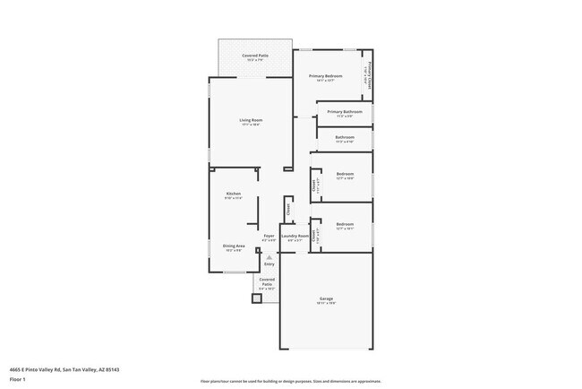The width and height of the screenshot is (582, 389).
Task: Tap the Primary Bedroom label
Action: (326, 76)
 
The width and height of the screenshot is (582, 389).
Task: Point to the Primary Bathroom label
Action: (345, 112)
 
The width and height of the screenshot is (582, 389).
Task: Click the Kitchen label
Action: (233, 194)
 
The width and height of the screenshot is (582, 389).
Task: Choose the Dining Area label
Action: (234, 246)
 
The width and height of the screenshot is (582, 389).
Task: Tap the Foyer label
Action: (268, 236)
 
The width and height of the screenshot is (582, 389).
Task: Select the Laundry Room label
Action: (295, 236)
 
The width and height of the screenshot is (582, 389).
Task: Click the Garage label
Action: (326, 298)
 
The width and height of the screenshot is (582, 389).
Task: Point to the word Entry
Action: (269, 264)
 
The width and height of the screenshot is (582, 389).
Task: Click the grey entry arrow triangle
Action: (269, 257)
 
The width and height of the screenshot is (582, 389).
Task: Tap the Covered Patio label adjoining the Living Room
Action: (255, 56)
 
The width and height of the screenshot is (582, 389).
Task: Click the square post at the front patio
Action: (257, 298)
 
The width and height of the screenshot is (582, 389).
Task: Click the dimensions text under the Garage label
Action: (326, 304)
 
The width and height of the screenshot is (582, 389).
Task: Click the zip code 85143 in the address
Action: (112, 368)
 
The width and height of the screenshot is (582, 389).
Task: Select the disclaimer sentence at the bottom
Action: (290, 381)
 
